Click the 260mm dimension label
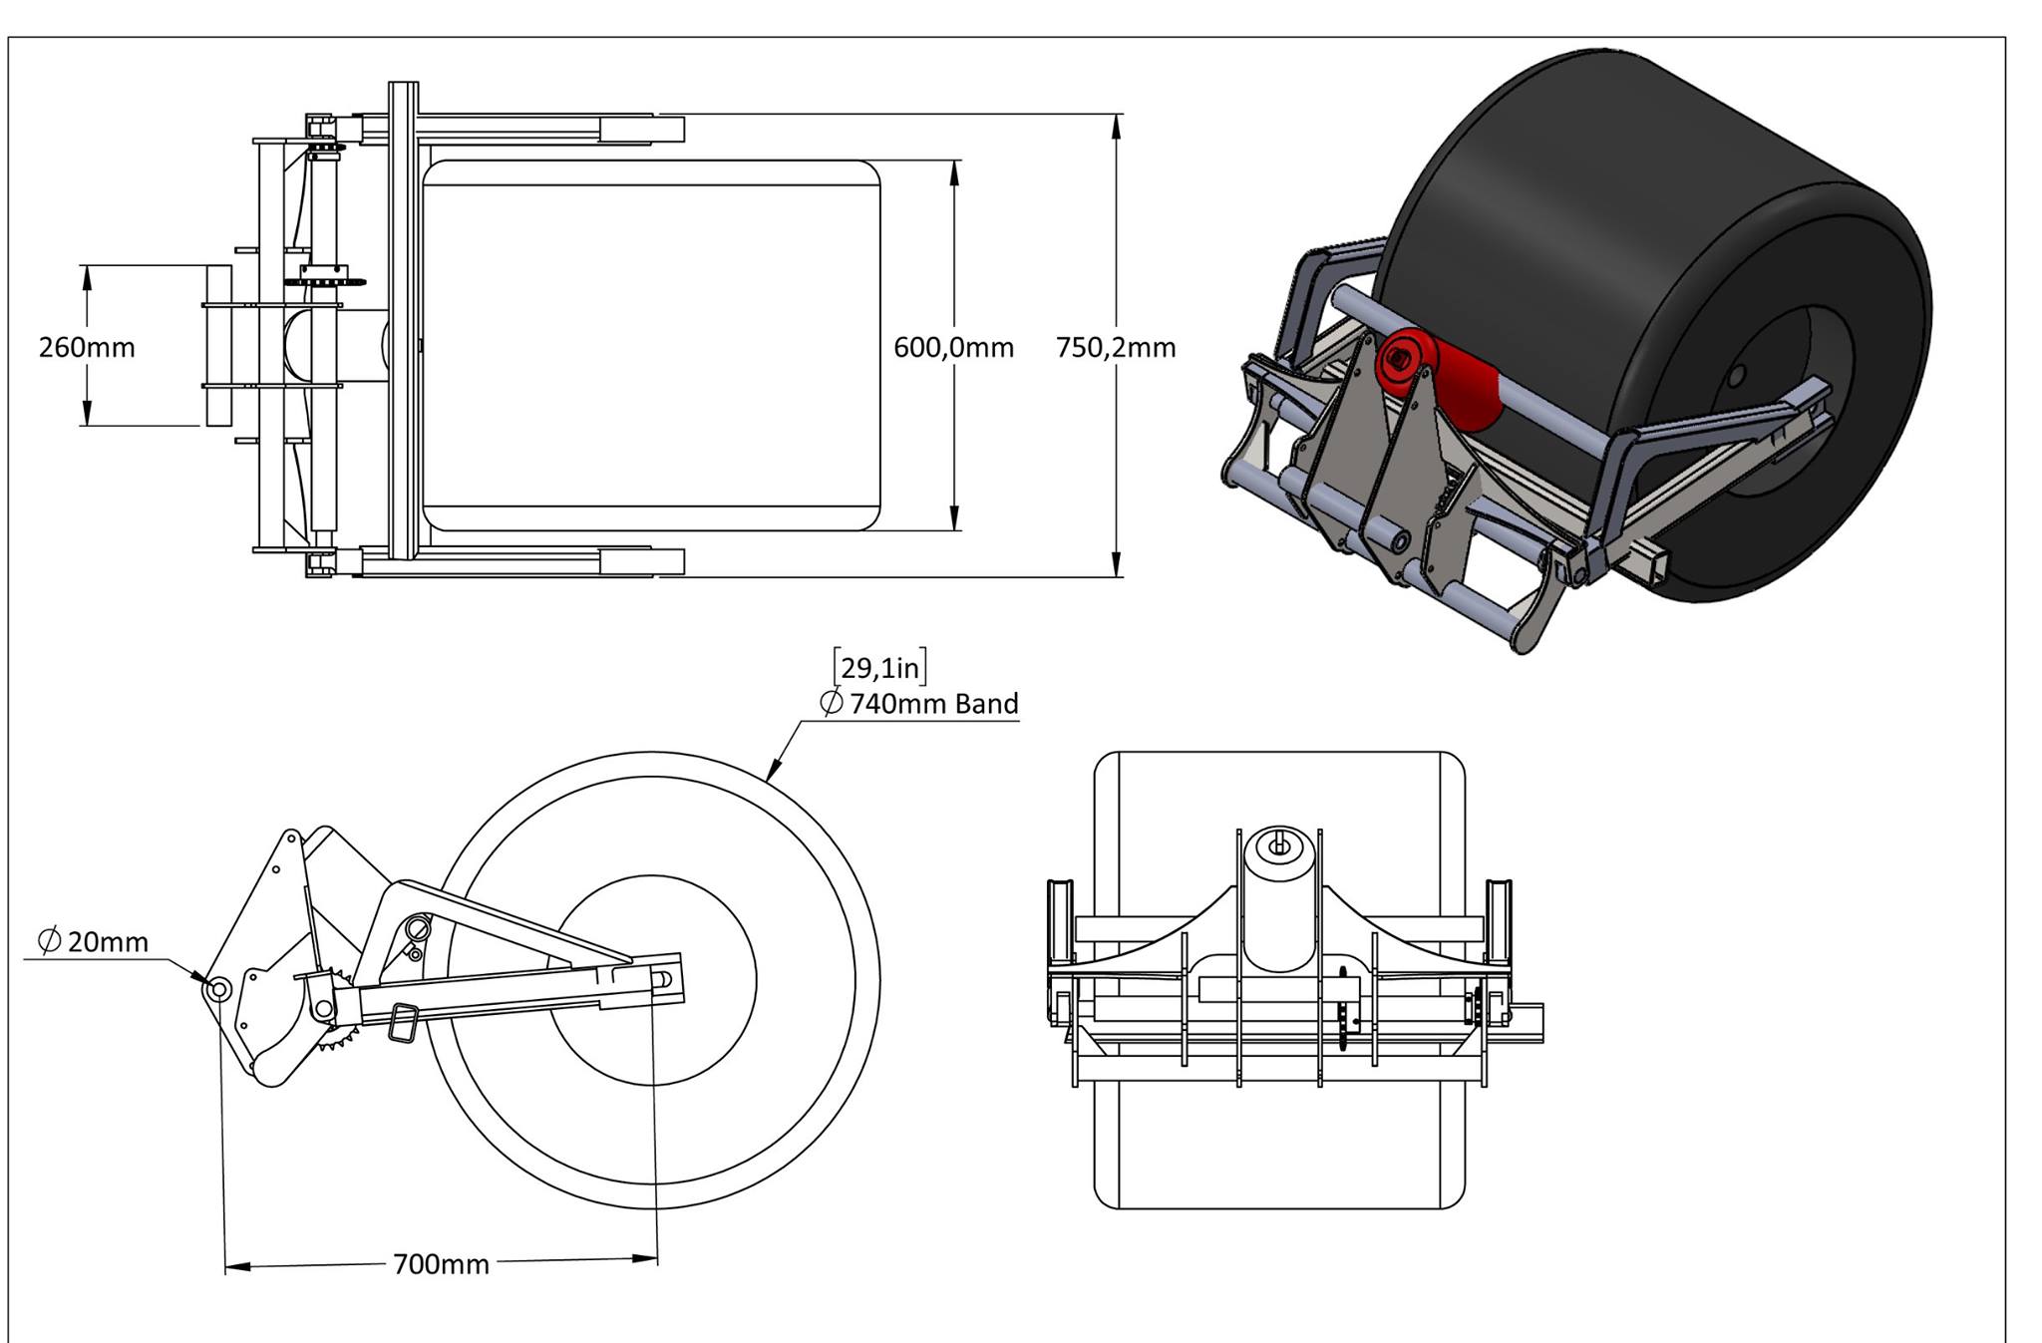point(87,347)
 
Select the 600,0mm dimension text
point(953,347)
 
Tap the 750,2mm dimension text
point(1116,347)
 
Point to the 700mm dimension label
point(441,1264)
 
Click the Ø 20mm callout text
point(93,941)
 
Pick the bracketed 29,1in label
point(879,667)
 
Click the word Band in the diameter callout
point(986,704)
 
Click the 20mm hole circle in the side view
point(217,989)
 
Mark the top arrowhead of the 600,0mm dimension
point(954,171)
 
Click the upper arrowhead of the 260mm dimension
point(87,277)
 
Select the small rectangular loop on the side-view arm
point(402,1023)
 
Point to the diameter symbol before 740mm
point(831,703)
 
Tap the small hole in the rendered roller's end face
point(1736,376)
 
